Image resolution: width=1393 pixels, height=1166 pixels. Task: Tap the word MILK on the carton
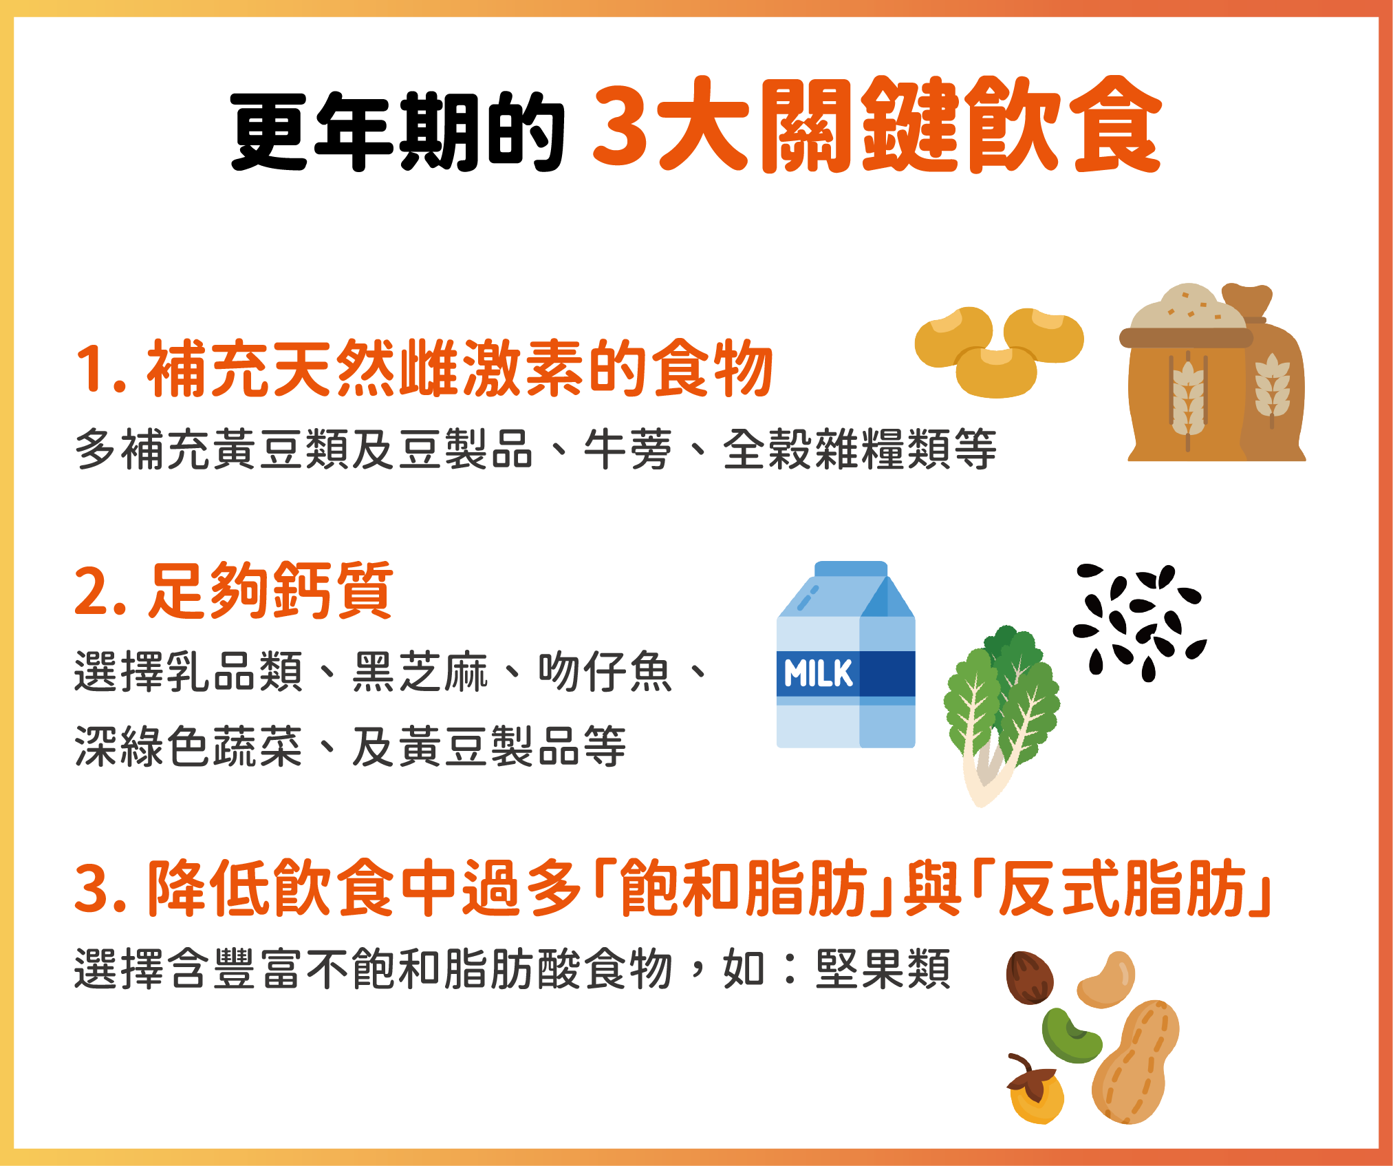click(x=818, y=673)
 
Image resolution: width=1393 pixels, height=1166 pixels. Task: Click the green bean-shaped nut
click(x=1070, y=1035)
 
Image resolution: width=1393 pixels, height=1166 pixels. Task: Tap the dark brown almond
click(x=1029, y=977)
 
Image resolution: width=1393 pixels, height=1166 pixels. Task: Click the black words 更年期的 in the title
click(x=398, y=131)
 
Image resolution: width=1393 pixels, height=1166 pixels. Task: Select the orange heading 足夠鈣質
click(x=271, y=590)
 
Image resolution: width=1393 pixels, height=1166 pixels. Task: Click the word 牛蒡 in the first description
click(x=627, y=449)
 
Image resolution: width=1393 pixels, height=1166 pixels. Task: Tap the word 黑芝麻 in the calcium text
click(x=420, y=671)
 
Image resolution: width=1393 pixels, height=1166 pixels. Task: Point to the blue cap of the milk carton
click(x=851, y=569)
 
